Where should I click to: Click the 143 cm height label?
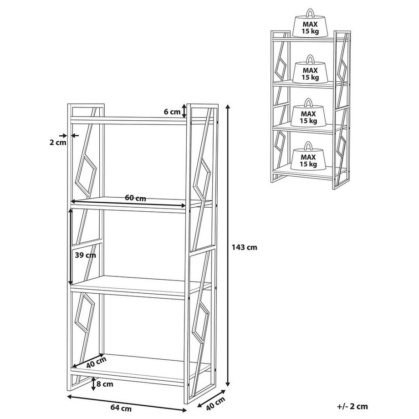pyautogui.click(x=244, y=247)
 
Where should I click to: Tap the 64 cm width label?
pyautogui.click(x=121, y=408)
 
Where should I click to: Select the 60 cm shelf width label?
pyautogui.click(x=135, y=198)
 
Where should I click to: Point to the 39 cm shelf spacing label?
pyautogui.click(x=85, y=255)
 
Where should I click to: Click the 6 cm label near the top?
pyautogui.click(x=172, y=112)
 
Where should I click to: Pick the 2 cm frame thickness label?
pyautogui.click(x=58, y=143)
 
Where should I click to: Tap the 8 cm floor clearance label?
pyautogui.click(x=105, y=384)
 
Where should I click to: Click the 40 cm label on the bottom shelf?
pyautogui.click(x=97, y=363)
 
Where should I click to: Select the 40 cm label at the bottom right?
pyautogui.click(x=215, y=404)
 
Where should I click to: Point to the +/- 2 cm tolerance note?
pyautogui.click(x=352, y=406)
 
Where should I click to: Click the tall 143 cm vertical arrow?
pyautogui.click(x=228, y=245)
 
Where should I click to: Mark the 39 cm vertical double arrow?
pyautogui.click(x=71, y=247)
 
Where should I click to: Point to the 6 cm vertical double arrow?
pyautogui.click(x=184, y=111)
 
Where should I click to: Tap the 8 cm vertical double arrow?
pyautogui.click(x=93, y=384)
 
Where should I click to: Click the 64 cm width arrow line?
pyautogui.click(x=127, y=404)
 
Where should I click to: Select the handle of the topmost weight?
pyautogui.click(x=310, y=13)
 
